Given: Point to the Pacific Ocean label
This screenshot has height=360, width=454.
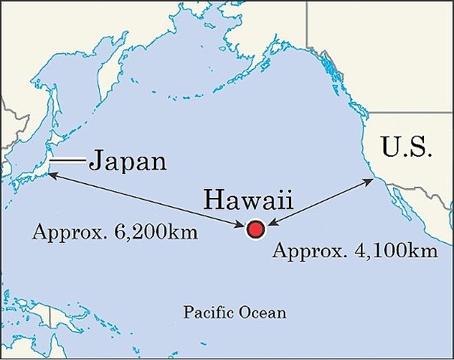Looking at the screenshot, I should click(235, 312).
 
